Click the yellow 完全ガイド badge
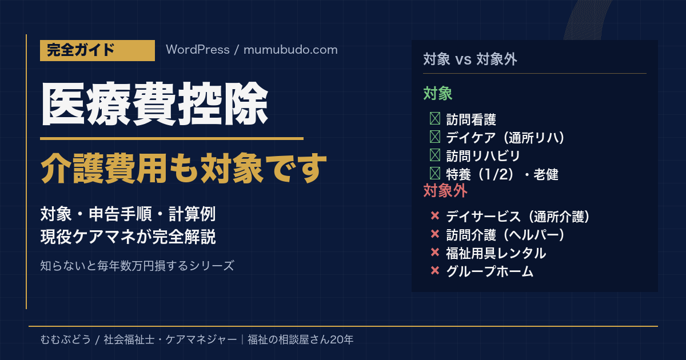(97, 50)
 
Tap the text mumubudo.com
(290, 50)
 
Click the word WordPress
(198, 50)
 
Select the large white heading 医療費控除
(155, 104)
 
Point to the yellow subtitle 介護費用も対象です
(184, 168)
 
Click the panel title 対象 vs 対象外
(470, 59)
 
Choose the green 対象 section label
(438, 93)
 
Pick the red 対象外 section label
(445, 191)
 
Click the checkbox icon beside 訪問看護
(435, 118)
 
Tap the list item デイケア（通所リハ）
(505, 138)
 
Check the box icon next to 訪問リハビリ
(435, 155)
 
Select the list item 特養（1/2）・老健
(502, 174)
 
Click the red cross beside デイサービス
(435, 215)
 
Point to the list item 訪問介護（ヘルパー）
(505, 235)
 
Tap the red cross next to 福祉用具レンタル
(435, 252)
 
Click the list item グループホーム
(489, 271)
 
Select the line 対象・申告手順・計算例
(128, 214)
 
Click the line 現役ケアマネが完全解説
(128, 237)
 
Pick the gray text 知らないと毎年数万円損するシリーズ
(137, 266)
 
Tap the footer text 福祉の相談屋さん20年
(301, 339)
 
